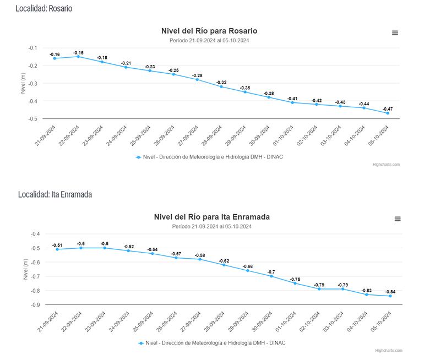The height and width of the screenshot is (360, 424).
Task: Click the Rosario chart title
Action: pyautogui.click(x=209, y=31)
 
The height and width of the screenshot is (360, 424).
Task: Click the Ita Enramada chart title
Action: pyautogui.click(x=211, y=217)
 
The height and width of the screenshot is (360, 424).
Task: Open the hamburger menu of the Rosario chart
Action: pyautogui.click(x=395, y=33)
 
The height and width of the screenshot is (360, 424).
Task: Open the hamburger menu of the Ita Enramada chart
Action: pyautogui.click(x=398, y=219)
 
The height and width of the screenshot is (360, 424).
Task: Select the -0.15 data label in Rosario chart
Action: pyautogui.click(x=79, y=53)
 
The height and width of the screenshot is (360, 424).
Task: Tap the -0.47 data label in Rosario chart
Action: pyautogui.click(x=388, y=109)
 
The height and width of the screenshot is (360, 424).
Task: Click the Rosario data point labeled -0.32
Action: pyautogui.click(x=221, y=86)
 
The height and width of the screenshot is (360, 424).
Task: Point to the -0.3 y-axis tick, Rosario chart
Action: pyautogui.click(x=32, y=84)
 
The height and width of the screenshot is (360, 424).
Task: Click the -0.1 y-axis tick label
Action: pyautogui.click(x=32, y=48)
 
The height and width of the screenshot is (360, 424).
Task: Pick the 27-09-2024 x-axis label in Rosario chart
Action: pyautogui.click(x=189, y=137)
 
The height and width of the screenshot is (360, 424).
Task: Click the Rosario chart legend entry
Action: pyautogui.click(x=209, y=157)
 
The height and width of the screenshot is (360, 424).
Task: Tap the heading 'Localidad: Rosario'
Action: pyautogui.click(x=44, y=9)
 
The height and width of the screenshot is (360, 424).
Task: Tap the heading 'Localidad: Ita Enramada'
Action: pyautogui.click(x=55, y=194)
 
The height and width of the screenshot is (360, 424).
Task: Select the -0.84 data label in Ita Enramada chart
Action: pyautogui.click(x=390, y=292)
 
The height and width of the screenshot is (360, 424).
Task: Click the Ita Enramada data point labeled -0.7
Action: pyautogui.click(x=271, y=276)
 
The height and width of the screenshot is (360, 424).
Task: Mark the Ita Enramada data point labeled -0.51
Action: pyautogui.click(x=57, y=249)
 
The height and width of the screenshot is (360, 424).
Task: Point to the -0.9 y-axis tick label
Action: pyautogui.click(x=35, y=305)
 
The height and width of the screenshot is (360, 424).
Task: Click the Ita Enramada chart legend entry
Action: pyautogui.click(x=212, y=343)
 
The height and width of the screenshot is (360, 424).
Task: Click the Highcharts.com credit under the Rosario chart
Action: pyautogui.click(x=386, y=165)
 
